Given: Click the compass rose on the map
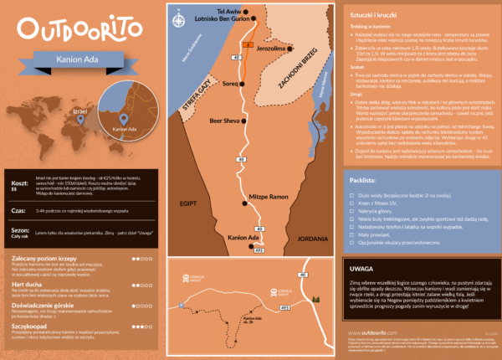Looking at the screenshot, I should [x=179, y=18].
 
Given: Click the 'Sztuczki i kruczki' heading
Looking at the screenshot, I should [x=374, y=15].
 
